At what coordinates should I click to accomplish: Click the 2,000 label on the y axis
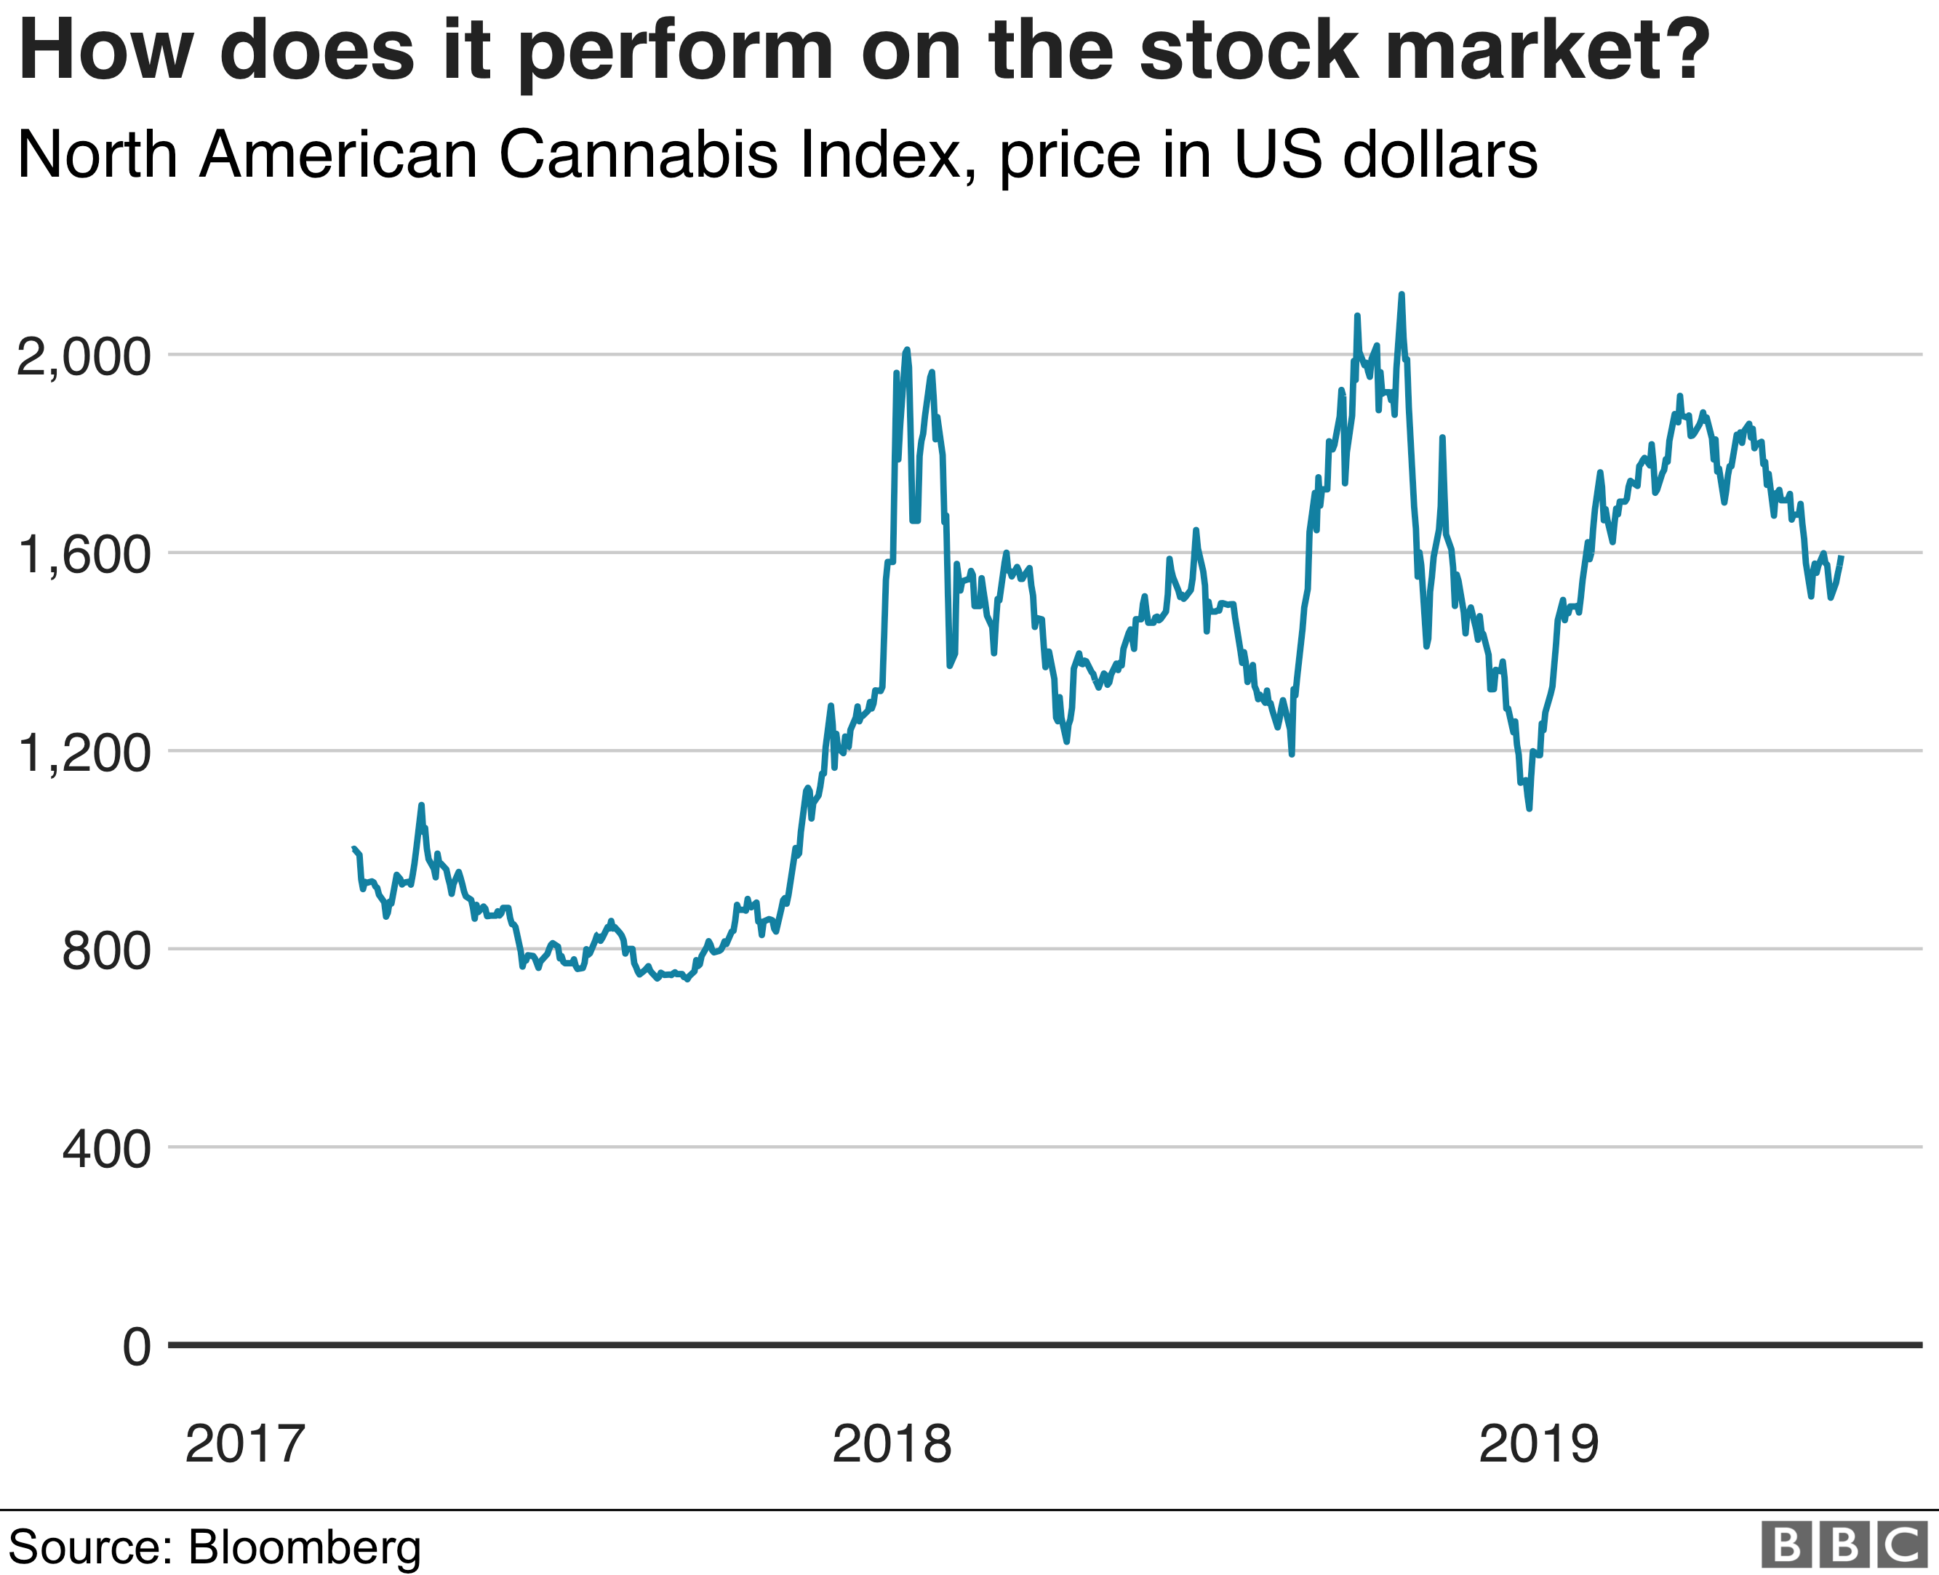(x=84, y=356)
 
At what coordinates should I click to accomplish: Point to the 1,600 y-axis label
(x=84, y=554)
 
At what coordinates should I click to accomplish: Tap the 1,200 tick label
(x=84, y=753)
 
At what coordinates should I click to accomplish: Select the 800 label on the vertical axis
(x=105, y=951)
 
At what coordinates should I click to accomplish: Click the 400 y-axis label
(x=105, y=1150)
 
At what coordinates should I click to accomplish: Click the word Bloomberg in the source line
(x=305, y=1547)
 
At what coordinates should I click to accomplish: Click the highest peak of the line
(x=1401, y=295)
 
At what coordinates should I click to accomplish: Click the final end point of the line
(x=1841, y=556)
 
